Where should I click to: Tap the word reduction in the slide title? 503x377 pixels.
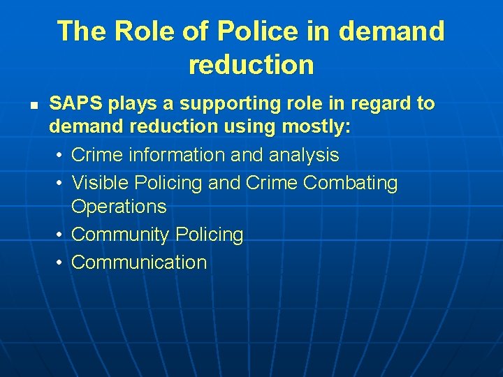(251, 65)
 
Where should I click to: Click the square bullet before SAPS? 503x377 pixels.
(33, 105)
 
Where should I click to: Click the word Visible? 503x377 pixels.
(101, 183)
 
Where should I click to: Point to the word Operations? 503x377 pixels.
(119, 207)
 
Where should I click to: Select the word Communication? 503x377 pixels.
(139, 263)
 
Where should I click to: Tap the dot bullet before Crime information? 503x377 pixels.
(61, 155)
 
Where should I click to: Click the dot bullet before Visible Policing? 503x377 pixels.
(61, 183)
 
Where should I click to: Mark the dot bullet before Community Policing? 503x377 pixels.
(61, 235)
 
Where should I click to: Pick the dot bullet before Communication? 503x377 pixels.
(61, 263)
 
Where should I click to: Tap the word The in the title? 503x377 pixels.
(82, 31)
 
